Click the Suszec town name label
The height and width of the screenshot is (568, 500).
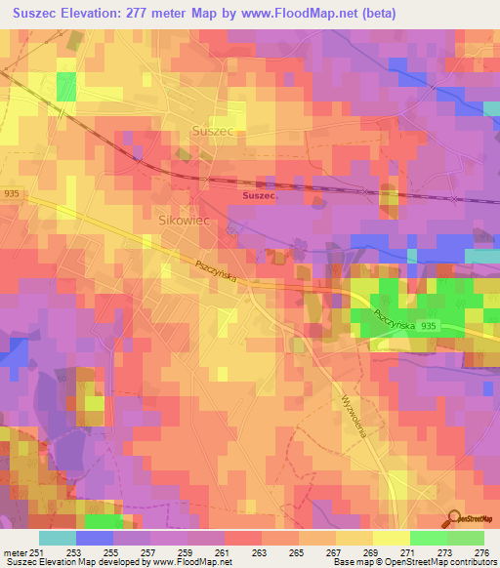pyautogui.click(x=212, y=129)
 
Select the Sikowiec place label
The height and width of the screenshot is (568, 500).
pyautogui.click(x=186, y=222)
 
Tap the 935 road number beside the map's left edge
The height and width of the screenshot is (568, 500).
pyautogui.click(x=10, y=194)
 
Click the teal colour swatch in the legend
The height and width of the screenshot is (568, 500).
pyautogui.click(x=58, y=538)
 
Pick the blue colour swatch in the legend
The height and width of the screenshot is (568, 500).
pyautogui.click(x=95, y=538)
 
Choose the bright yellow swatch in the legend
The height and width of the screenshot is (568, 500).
pyautogui.click(x=392, y=538)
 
